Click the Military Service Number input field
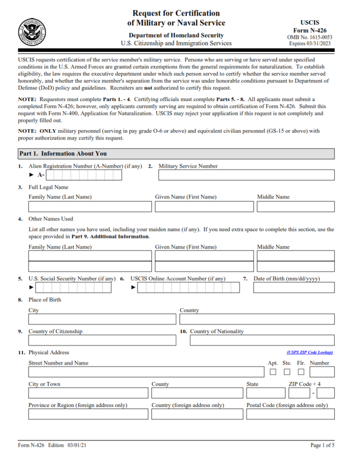246,175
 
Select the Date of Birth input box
293,288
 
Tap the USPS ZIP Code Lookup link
309,352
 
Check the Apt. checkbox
273,372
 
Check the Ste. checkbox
287,372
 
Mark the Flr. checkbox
301,372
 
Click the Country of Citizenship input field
102,340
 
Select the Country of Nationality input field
262,340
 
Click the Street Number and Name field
146,372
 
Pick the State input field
265,393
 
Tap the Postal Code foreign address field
290,414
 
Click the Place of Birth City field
102,319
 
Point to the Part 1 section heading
63,154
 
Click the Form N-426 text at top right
310,30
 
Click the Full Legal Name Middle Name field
295,207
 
